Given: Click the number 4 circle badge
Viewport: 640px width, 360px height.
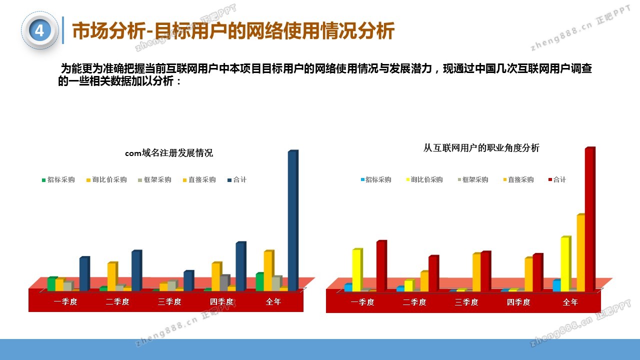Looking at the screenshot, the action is point(39,30).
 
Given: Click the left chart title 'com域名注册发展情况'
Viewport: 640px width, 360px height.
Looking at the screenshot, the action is point(169,153).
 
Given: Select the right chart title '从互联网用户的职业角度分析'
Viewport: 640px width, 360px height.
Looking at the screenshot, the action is point(481,148).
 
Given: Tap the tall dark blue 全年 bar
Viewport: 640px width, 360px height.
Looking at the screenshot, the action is point(293,220).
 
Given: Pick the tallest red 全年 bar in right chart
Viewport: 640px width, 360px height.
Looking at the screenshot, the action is point(590,219).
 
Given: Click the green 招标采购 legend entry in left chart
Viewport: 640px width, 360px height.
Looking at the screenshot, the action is point(58,179).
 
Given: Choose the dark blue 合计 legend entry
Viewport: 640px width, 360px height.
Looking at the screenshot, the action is point(237,179).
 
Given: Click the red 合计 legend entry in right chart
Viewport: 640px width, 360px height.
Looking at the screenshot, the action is point(557,179).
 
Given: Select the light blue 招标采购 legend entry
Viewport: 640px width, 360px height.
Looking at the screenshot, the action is point(376,179).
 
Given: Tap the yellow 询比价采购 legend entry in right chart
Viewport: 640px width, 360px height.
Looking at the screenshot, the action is point(424,179).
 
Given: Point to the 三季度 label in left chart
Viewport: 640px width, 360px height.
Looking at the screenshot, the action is point(169,301).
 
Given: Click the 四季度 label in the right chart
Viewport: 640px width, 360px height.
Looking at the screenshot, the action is point(518,302).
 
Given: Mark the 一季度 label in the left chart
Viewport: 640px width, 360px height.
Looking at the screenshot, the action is point(65,301).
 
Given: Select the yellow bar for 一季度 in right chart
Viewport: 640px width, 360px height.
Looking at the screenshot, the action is point(357,270).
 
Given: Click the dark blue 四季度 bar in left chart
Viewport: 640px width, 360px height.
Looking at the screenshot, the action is point(241,266).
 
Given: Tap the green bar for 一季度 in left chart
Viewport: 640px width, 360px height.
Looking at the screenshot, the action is point(52,283).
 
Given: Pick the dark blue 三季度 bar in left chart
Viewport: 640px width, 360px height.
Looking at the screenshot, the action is point(189,280).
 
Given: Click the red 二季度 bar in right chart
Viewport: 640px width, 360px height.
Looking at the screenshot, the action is point(433,273).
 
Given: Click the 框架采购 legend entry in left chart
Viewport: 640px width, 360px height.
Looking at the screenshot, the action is point(154,179).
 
